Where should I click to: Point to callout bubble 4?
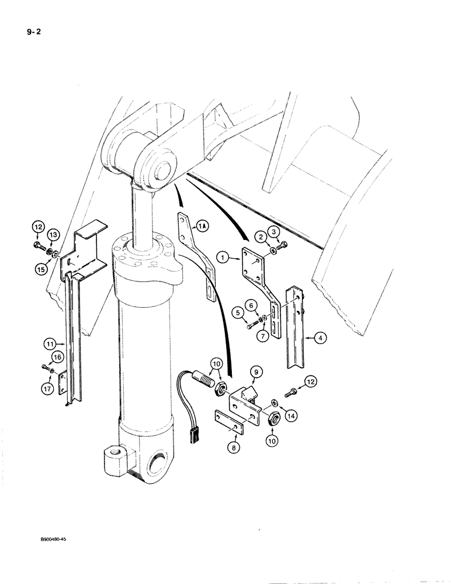coord(321,337)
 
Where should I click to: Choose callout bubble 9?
coord(258,370)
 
